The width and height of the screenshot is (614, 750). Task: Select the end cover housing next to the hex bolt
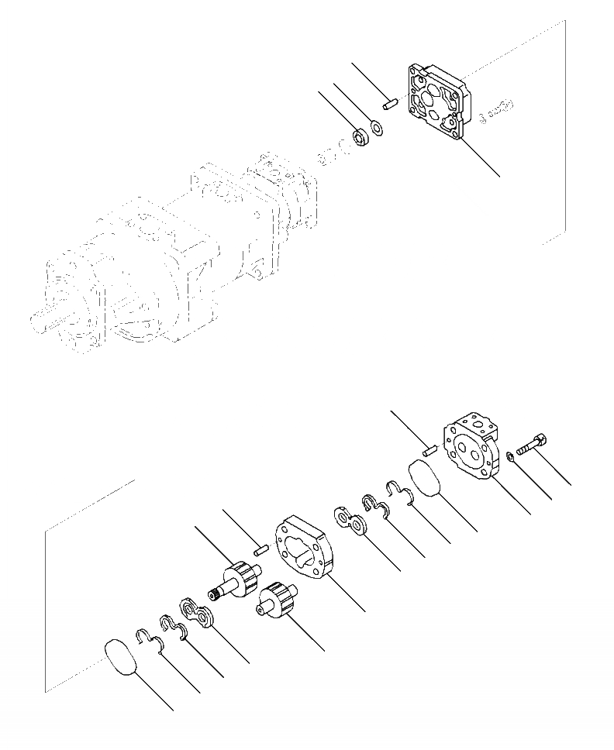coord(471,447)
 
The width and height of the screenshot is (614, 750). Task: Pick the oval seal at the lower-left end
coord(122,658)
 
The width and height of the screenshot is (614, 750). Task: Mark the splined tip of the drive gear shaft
coord(215,596)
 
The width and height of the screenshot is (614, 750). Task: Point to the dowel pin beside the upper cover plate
coord(389,102)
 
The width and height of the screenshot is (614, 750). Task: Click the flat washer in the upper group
coord(376,126)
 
